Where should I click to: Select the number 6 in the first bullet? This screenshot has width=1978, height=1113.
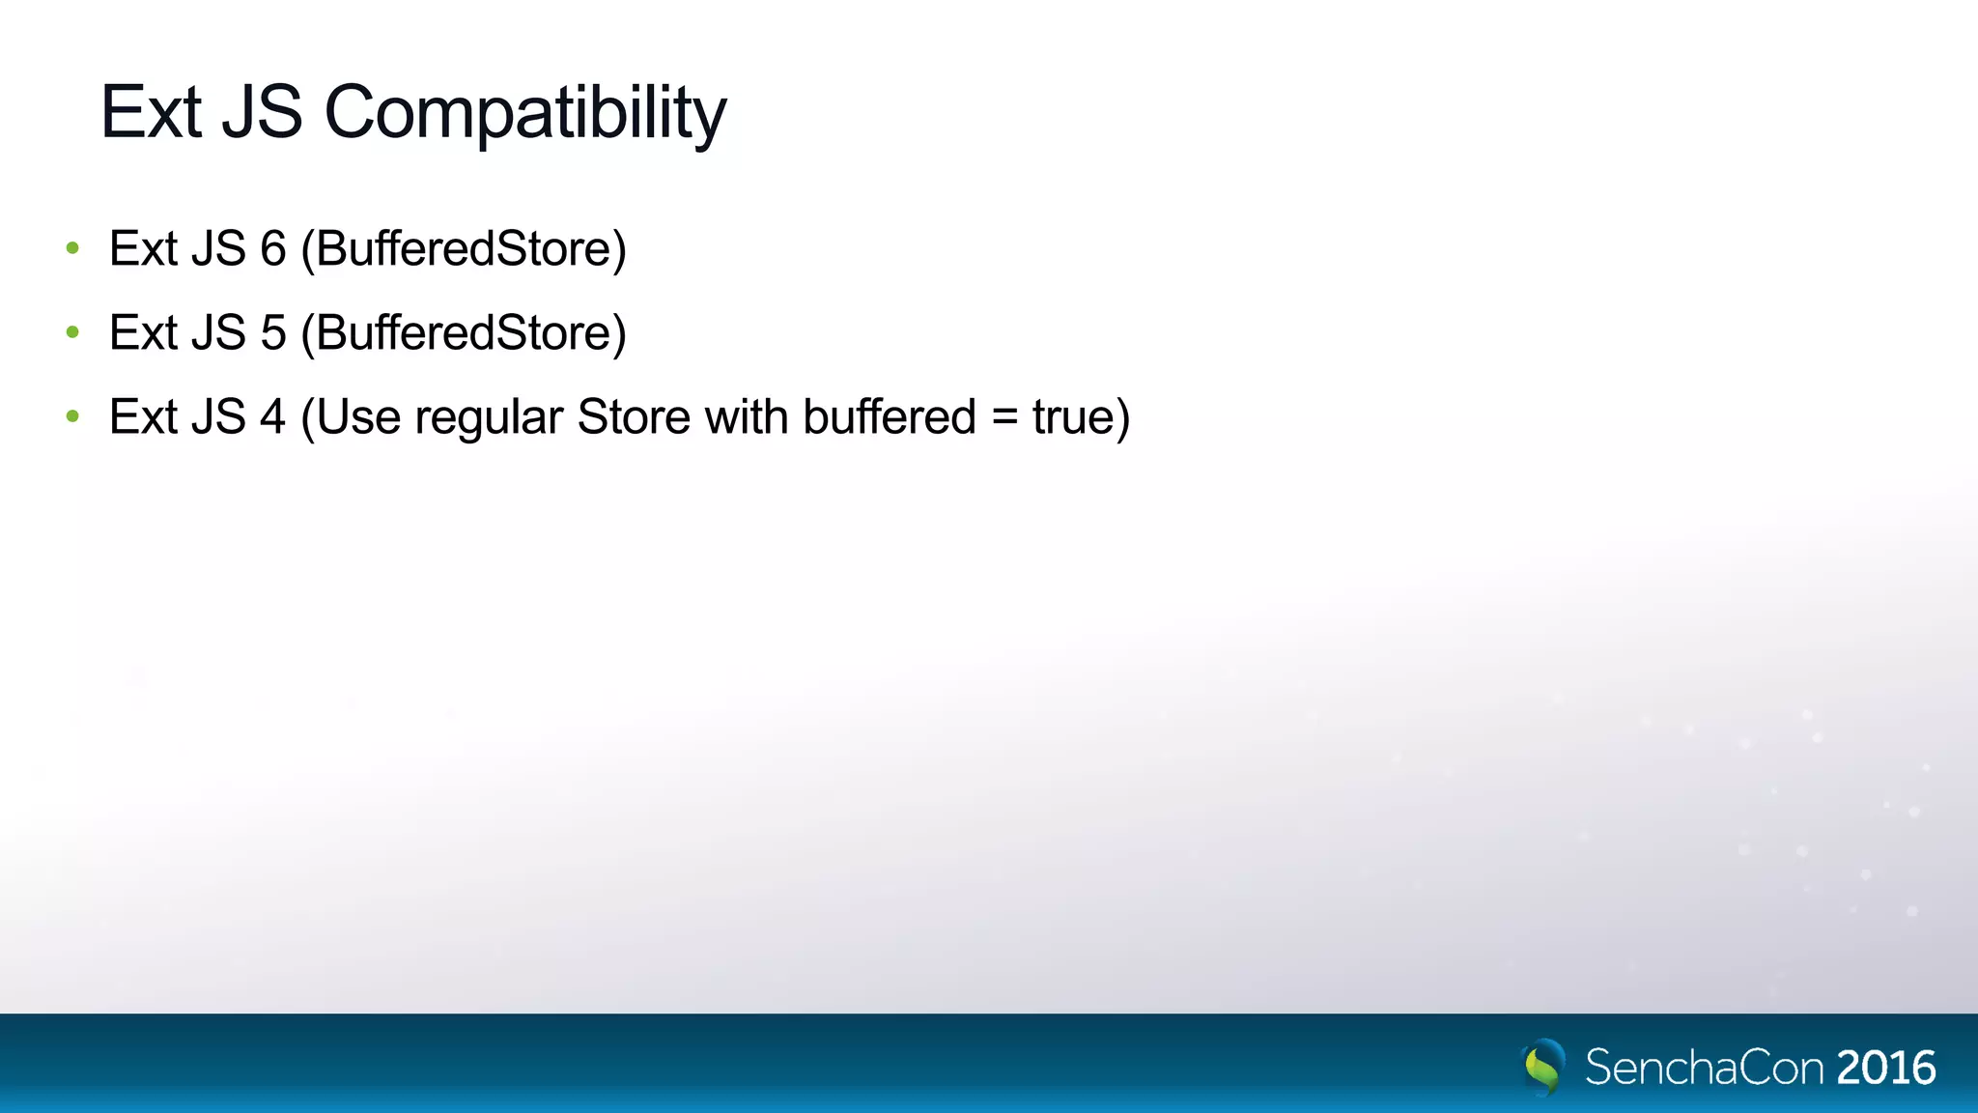coord(273,249)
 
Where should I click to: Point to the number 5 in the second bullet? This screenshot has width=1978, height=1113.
coord(273,333)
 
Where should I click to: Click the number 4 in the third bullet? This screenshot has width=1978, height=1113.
coord(273,417)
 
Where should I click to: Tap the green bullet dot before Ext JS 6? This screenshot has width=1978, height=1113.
coord(72,249)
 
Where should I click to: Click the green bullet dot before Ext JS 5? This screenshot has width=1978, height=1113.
coord(72,333)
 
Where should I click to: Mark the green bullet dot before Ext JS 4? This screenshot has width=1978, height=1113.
coord(72,417)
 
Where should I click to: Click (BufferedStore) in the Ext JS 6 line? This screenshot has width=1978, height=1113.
coord(464,249)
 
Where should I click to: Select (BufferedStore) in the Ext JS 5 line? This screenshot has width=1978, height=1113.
coord(464,333)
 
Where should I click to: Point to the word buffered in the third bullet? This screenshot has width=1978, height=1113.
coord(890,417)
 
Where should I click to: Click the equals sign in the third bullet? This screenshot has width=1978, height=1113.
coord(1004,417)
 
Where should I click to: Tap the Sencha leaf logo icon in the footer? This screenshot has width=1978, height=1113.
coord(1543,1067)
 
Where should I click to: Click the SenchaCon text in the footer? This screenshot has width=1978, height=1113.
coord(1705,1068)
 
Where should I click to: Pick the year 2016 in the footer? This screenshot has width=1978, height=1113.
coord(1885,1068)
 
